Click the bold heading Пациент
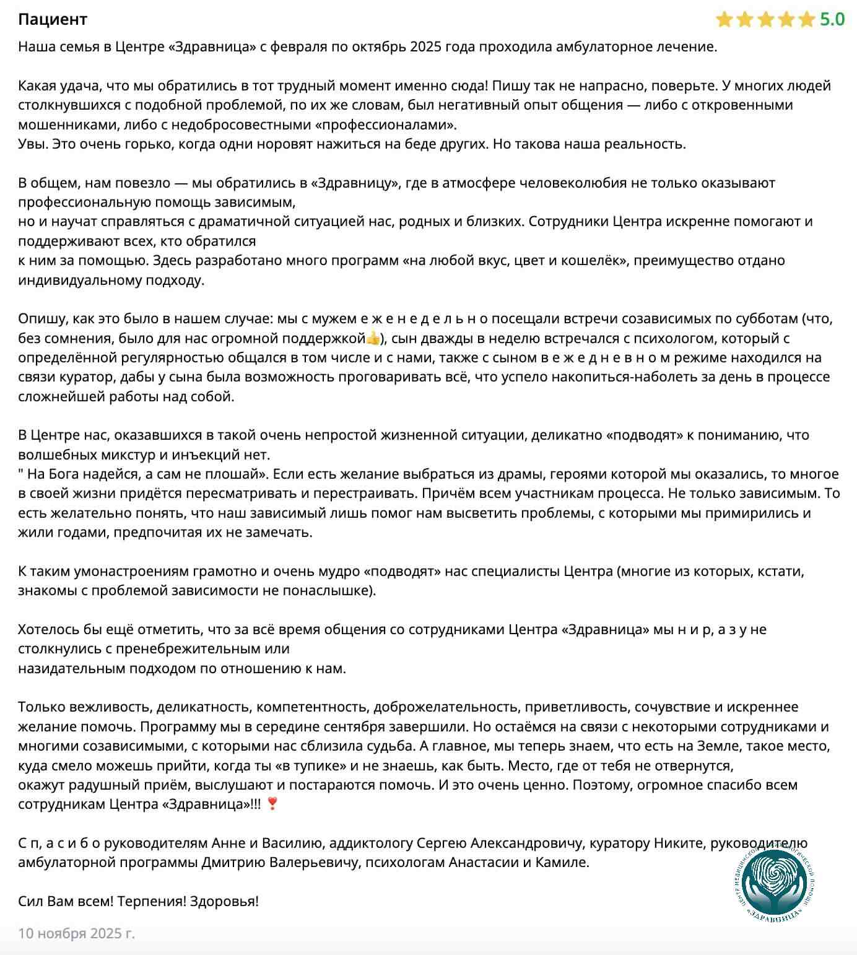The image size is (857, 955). click(x=53, y=19)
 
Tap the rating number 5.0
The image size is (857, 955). click(x=832, y=20)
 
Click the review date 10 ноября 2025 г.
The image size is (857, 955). click(x=76, y=933)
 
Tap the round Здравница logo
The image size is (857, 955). click(x=777, y=884)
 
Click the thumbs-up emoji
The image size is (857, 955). click(x=373, y=338)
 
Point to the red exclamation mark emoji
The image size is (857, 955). click(x=272, y=804)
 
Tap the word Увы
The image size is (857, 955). click(x=32, y=144)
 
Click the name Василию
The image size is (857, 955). click(x=292, y=843)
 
